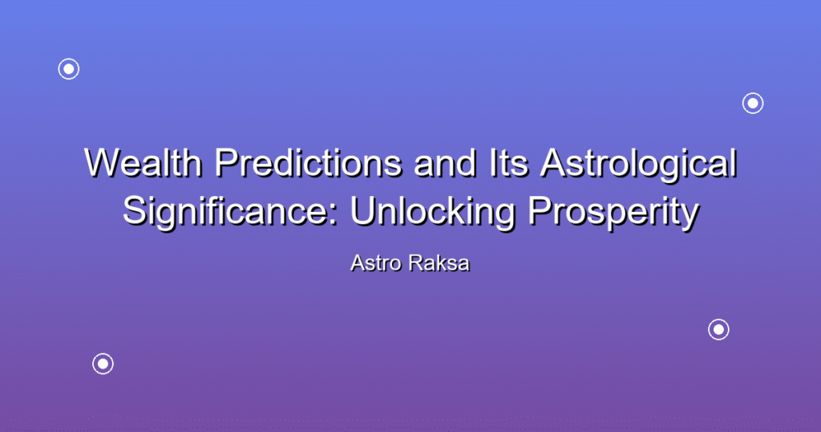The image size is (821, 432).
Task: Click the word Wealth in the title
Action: click(x=144, y=162)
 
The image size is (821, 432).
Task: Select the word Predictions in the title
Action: click(x=309, y=162)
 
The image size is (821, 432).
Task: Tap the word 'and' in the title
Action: click(x=446, y=162)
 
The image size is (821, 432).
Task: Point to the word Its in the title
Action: click(x=508, y=162)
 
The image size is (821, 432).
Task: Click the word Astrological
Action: click(x=638, y=164)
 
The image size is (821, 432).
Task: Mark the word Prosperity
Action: click(x=613, y=212)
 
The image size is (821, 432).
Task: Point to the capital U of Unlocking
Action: click(x=362, y=211)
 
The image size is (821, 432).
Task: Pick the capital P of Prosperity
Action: click(x=540, y=211)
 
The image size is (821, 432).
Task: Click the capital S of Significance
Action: click(x=135, y=211)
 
